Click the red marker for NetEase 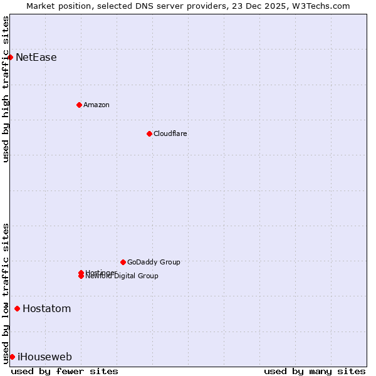(10, 57)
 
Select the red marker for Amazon (79, 105)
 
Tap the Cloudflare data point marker (149, 133)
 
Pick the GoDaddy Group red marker (123, 262)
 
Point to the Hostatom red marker (17, 308)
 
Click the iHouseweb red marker (12, 357)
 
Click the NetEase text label (36, 58)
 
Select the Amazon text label (97, 105)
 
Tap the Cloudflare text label (170, 133)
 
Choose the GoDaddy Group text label (154, 262)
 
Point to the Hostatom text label (47, 308)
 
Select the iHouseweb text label (44, 357)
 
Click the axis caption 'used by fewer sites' (65, 371)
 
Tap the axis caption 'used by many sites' (315, 371)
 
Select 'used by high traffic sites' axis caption (6, 89)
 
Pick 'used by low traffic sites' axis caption (6, 293)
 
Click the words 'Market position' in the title (55, 6)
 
